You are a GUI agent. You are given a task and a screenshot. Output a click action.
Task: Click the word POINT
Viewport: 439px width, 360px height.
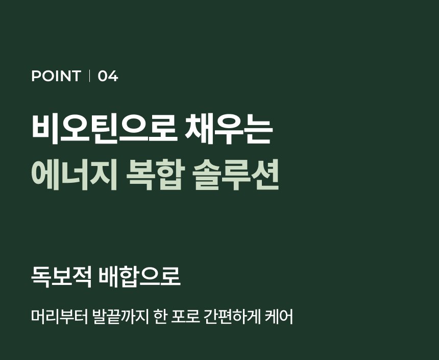point(56,76)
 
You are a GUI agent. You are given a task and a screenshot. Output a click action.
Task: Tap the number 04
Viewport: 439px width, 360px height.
point(108,76)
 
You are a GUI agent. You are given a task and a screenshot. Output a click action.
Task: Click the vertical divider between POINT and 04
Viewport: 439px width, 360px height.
point(89,76)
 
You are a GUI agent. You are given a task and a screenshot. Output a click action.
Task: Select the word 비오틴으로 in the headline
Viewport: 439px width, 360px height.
point(105,129)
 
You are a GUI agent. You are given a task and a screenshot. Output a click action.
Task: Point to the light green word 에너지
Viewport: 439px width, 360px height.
point(74,175)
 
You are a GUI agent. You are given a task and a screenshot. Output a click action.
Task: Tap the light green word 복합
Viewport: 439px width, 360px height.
point(155,175)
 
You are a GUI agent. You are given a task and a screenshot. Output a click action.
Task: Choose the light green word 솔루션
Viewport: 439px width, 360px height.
point(236,175)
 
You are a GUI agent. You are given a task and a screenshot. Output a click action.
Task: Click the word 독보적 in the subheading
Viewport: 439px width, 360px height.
point(61,277)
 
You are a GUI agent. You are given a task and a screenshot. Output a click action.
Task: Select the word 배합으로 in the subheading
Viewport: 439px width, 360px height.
point(140,277)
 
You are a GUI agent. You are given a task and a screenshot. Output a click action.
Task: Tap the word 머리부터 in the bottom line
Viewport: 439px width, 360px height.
point(59,317)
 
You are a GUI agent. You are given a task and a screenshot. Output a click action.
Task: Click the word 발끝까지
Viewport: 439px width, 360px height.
point(120,317)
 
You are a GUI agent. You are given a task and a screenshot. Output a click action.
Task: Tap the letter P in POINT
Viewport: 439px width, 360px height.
point(36,76)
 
